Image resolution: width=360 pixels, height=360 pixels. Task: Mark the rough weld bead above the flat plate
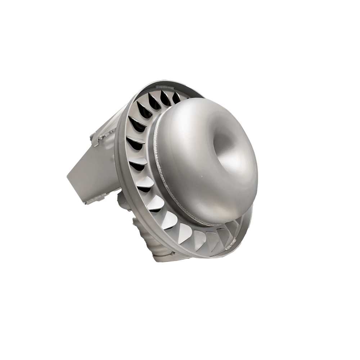pyautogui.click(x=104, y=136)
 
